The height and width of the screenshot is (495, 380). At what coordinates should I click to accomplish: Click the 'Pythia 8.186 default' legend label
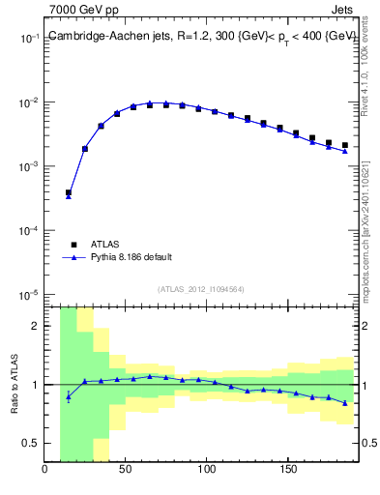[132, 257]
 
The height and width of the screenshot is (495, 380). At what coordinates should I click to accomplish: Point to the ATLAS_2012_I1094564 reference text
[201, 288]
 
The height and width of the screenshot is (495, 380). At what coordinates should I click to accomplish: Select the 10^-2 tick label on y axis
[29, 102]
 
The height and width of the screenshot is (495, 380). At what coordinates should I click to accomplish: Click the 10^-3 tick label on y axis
[29, 167]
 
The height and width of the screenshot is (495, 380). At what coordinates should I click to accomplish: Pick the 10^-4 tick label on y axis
[29, 231]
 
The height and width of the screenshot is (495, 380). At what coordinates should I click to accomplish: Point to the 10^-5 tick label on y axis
[29, 295]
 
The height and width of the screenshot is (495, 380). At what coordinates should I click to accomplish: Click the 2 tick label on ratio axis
[36, 326]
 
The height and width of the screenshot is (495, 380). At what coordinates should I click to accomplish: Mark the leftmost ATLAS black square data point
[69, 192]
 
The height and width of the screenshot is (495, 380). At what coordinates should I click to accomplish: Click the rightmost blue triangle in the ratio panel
[344, 403]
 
